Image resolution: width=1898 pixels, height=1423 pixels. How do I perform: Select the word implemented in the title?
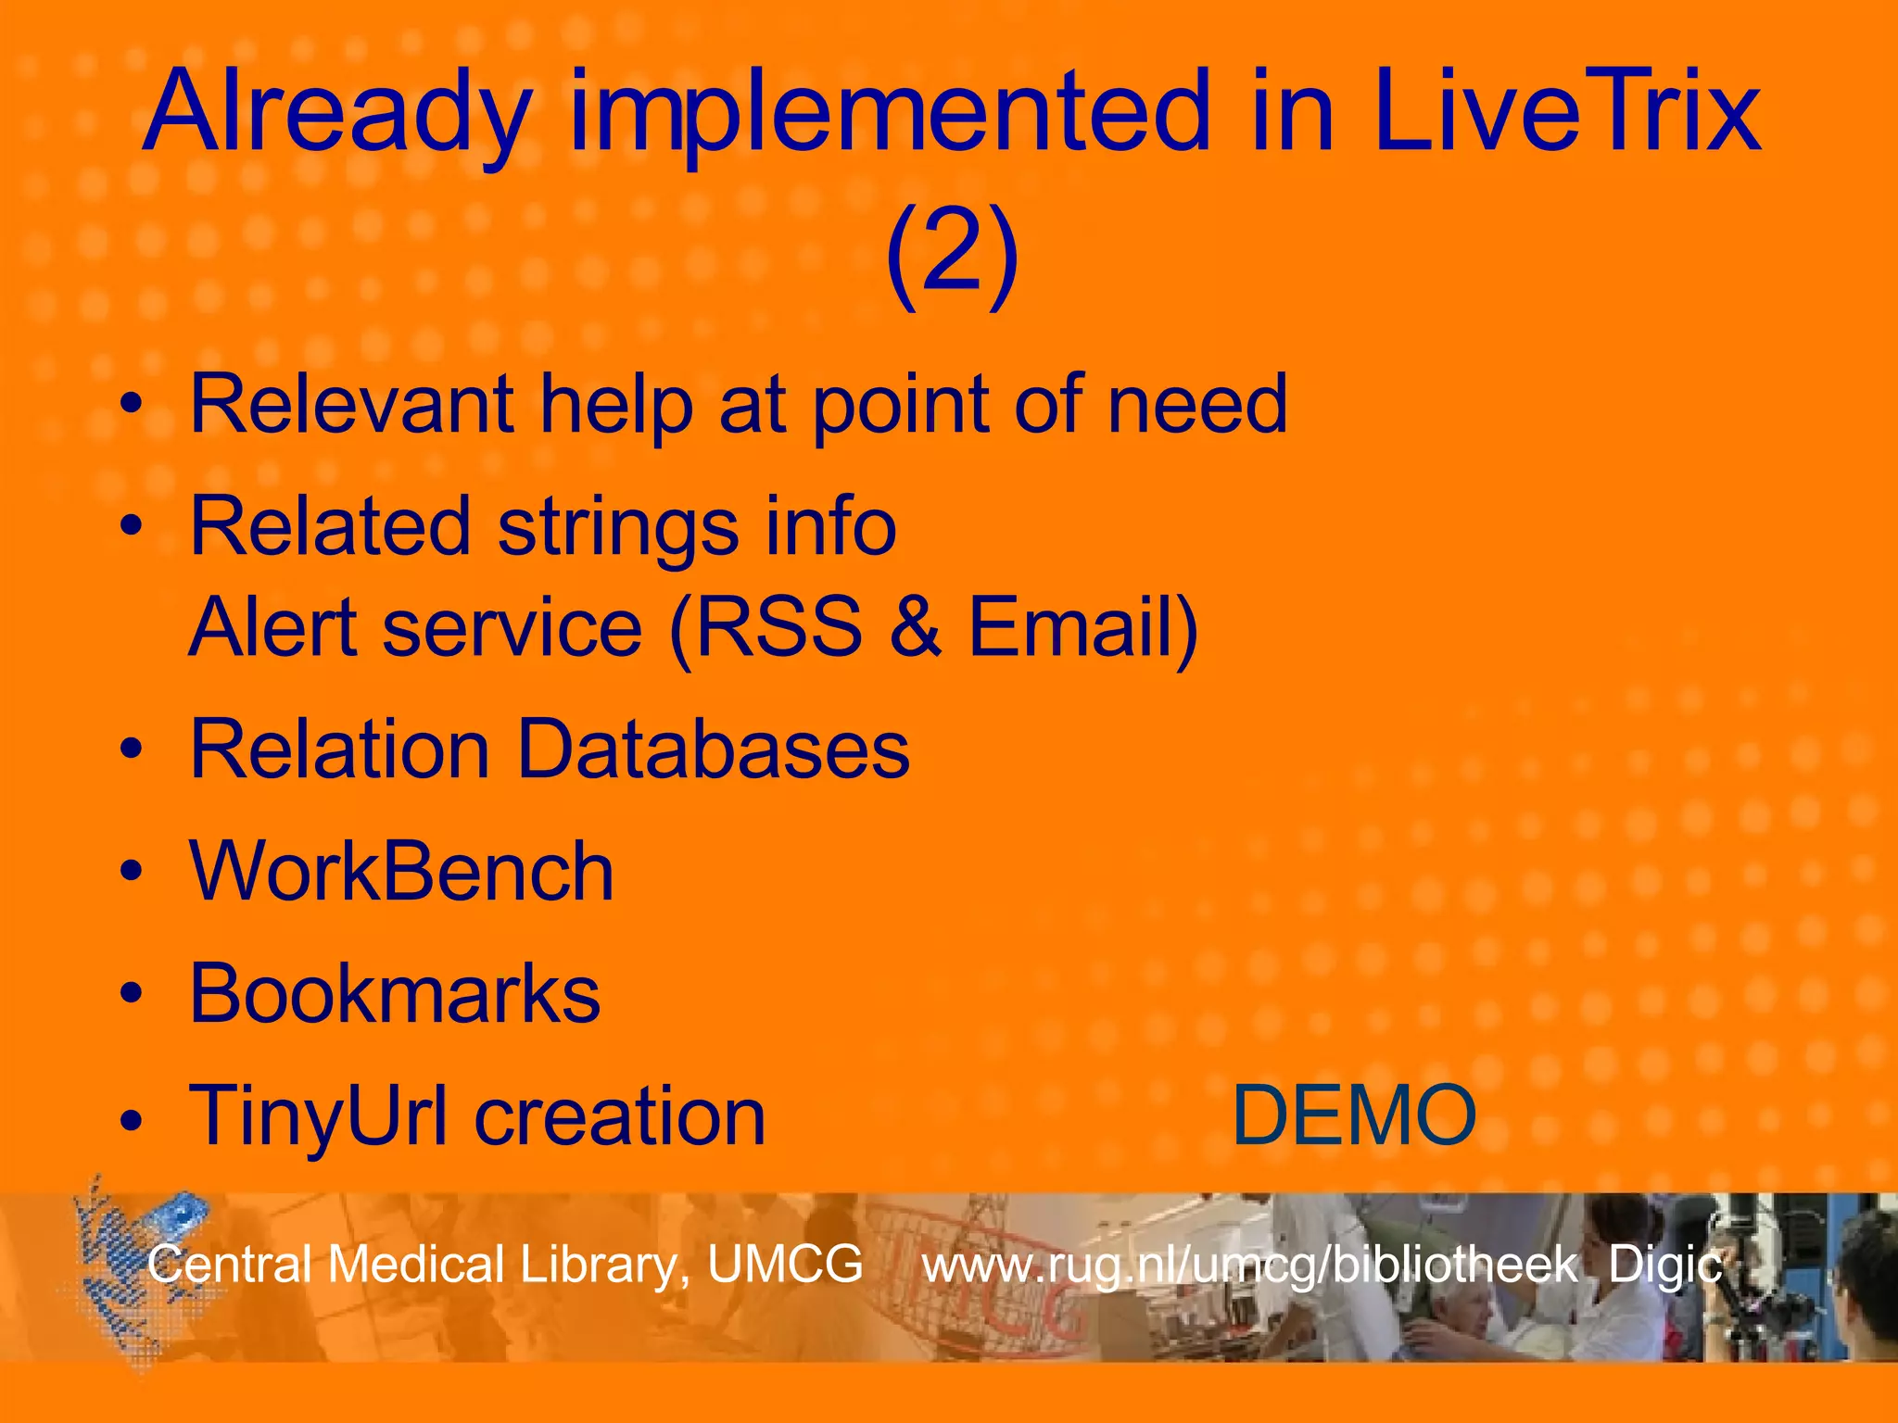point(890,117)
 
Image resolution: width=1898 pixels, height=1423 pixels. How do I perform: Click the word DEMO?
point(1354,1115)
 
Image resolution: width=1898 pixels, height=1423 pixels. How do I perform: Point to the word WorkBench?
point(401,872)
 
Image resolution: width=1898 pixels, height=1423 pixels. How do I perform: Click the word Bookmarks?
point(395,994)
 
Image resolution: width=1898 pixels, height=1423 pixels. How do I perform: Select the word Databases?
point(713,749)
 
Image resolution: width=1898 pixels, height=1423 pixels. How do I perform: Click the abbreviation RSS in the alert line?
point(778,627)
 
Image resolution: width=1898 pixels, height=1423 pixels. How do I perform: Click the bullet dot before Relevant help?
point(132,406)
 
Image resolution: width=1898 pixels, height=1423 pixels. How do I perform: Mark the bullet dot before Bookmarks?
point(132,995)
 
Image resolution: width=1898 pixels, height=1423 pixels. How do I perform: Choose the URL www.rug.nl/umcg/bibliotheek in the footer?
point(1248,1266)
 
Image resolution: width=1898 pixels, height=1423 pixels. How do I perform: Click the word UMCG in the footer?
point(785,1264)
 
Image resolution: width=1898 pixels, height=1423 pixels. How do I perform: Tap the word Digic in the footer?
point(1664,1266)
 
